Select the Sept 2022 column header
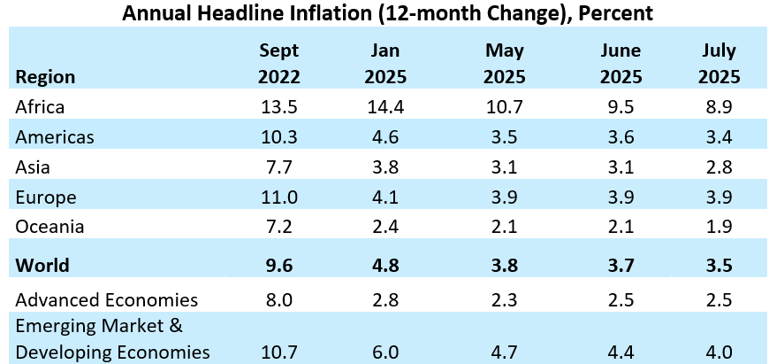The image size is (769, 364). click(278, 64)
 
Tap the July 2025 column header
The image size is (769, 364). click(719, 64)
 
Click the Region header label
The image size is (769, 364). click(45, 77)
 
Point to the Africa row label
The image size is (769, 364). click(40, 107)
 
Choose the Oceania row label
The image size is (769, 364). click(49, 227)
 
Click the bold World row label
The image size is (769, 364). click(43, 266)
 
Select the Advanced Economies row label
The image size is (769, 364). click(107, 299)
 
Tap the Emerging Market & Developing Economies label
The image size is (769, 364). click(112, 339)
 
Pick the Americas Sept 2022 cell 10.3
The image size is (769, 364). click(278, 137)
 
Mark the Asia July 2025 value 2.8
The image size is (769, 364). click(719, 167)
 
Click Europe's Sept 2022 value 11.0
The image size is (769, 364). click(278, 197)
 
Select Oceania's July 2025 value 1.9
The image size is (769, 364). click(719, 227)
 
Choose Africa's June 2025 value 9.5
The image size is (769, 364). click(619, 107)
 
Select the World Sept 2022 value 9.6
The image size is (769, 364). click(278, 266)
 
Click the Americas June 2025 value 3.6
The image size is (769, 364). click(619, 137)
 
